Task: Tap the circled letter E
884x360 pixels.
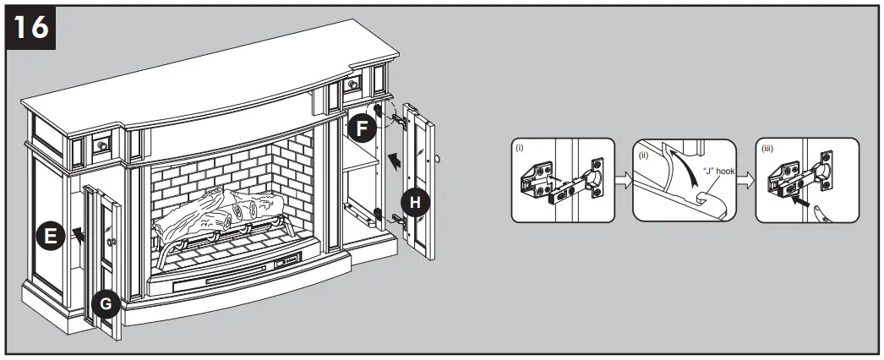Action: click(x=50, y=237)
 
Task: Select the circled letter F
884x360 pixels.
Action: click(x=361, y=129)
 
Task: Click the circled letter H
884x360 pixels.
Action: click(x=413, y=201)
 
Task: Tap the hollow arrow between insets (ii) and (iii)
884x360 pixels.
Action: click(x=745, y=180)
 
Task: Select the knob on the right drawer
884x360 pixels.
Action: click(x=353, y=85)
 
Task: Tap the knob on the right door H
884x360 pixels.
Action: click(x=439, y=157)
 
